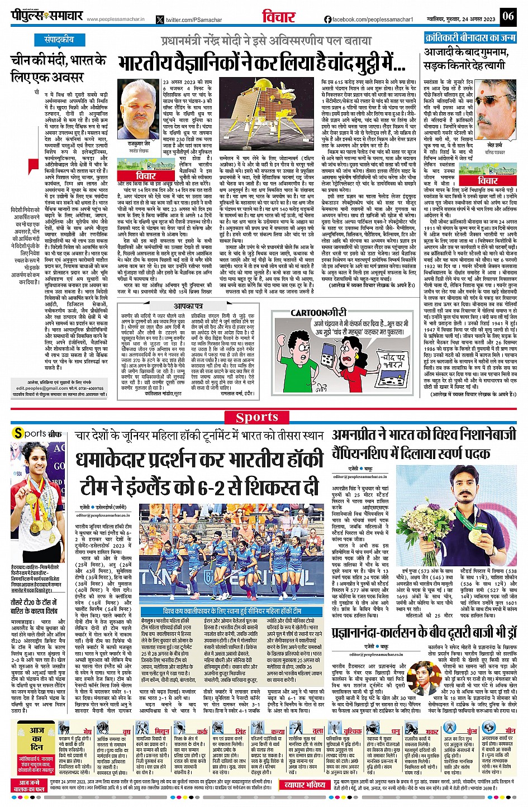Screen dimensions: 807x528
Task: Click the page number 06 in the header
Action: (507, 16)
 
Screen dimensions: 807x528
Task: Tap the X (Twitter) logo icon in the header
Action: (160, 20)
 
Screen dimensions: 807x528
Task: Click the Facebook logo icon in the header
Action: (327, 20)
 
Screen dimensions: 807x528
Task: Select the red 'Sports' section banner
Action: (257, 417)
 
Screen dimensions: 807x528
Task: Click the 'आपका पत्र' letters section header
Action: (189, 306)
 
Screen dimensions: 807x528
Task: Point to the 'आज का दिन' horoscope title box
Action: (37, 738)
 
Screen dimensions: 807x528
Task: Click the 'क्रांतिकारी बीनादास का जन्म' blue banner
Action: (469, 37)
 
